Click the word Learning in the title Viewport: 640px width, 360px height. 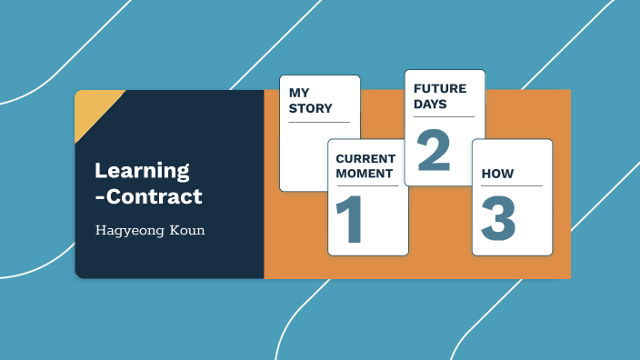point(142,170)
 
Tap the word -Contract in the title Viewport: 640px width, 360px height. point(148,196)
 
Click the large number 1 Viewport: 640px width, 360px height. point(350,219)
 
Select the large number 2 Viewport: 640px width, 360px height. point(433,150)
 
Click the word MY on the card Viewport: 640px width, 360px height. point(299,93)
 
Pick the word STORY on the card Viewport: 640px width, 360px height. point(310,109)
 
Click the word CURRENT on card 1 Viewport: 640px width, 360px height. point(365,159)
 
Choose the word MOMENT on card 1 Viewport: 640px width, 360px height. point(364,174)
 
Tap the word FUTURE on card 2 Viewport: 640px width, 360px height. point(440,89)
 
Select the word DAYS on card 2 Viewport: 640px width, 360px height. point(431,105)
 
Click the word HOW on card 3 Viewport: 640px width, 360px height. point(498,173)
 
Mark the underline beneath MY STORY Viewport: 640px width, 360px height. point(319,121)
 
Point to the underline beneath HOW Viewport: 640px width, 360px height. point(512,185)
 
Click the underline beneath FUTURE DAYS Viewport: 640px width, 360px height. point(444,116)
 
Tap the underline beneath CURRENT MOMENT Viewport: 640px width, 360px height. point(367,185)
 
